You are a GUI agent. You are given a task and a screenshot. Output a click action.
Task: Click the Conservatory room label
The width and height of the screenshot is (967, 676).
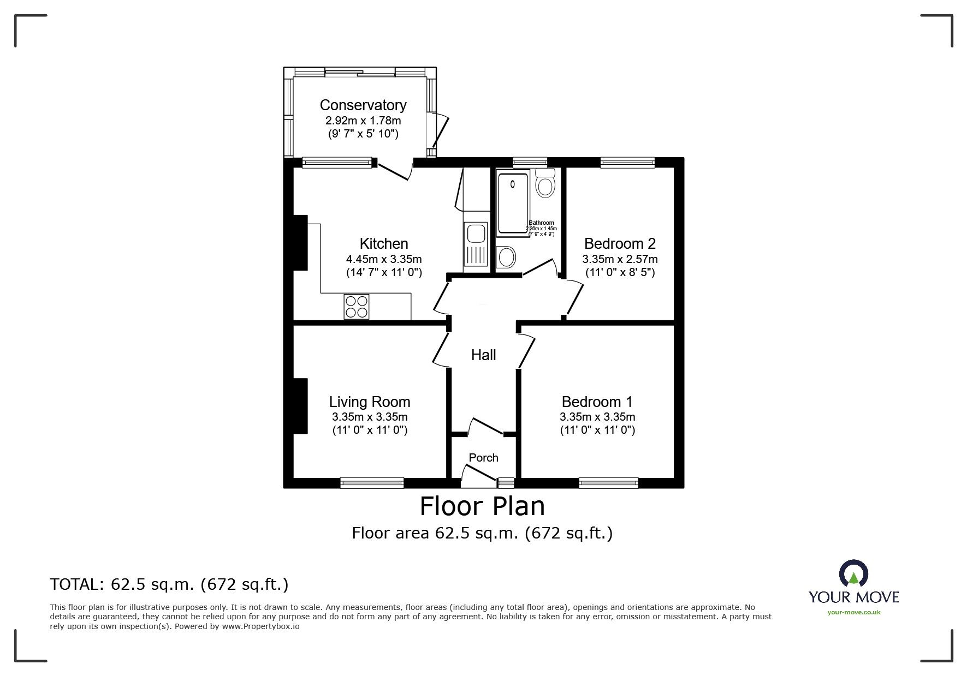363,105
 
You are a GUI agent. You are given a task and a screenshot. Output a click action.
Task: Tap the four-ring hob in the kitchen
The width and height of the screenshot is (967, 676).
356,306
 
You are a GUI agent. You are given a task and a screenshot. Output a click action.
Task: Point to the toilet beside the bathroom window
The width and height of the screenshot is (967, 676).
545,183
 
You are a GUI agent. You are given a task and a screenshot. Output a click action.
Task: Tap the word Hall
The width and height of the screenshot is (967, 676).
483,355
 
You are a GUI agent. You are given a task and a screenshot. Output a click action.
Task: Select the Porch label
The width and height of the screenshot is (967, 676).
483,458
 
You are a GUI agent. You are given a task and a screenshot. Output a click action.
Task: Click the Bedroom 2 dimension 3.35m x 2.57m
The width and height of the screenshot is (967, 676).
620,259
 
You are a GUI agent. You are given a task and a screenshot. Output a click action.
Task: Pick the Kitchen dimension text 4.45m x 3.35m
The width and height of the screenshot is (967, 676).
384,259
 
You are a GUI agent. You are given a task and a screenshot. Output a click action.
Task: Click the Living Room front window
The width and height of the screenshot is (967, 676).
372,482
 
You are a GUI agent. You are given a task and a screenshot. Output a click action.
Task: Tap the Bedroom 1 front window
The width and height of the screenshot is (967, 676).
608,482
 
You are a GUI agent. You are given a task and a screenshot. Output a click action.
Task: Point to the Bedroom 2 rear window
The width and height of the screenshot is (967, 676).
627,161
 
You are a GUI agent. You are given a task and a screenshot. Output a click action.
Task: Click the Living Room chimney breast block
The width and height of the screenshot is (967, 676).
300,405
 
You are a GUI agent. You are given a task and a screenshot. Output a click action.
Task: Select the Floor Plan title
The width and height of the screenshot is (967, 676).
482,506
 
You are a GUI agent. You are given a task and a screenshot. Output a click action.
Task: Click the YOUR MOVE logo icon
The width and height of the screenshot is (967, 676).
853,575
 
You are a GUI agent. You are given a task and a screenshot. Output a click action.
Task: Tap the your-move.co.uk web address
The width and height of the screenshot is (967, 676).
853,612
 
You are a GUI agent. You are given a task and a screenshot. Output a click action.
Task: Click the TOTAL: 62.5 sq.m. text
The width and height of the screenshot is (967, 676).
169,585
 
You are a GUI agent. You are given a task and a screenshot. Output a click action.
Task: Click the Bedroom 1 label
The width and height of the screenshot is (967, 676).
597,402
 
